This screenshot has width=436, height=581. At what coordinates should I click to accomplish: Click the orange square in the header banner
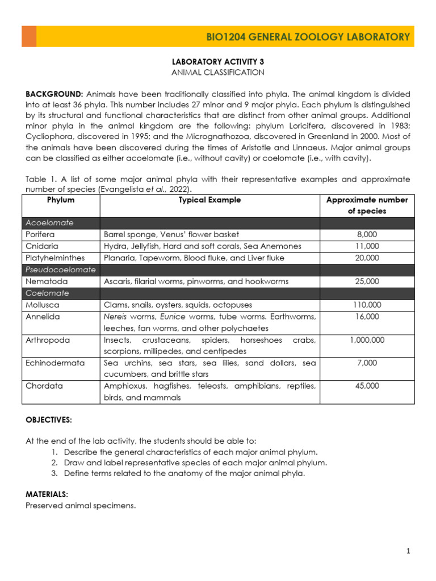[29, 37]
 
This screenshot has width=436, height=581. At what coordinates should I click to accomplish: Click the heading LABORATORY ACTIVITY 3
[218, 61]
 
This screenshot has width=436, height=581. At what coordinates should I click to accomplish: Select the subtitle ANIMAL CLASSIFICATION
[218, 72]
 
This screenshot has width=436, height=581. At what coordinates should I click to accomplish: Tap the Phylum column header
[61, 200]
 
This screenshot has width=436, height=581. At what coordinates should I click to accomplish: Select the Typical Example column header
[209, 200]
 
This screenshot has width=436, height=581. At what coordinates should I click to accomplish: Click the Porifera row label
[41, 234]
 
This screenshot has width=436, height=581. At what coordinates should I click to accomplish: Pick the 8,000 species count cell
[367, 234]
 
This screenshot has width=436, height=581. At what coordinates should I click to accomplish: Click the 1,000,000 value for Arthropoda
[367, 340]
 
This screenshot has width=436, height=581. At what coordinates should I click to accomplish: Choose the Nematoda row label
[44, 281]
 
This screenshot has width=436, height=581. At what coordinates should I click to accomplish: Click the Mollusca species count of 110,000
[367, 305]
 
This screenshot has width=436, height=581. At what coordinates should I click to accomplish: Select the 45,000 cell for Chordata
[367, 386]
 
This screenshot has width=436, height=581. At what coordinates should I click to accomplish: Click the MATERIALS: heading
[47, 494]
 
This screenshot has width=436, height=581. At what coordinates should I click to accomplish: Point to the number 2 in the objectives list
[54, 462]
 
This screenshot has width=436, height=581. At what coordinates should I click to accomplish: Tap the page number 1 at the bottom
[408, 551]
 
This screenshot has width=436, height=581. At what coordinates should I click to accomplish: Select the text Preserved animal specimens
[81, 506]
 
